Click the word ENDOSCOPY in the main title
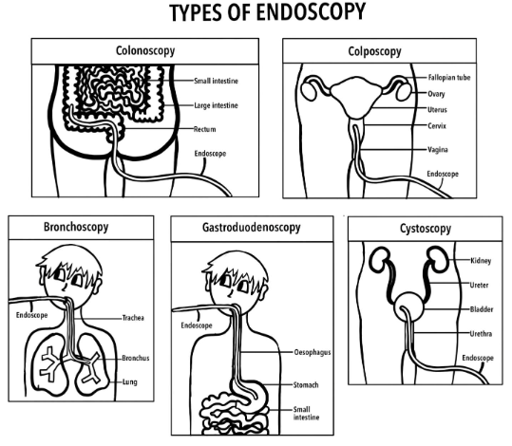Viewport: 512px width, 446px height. tap(310, 12)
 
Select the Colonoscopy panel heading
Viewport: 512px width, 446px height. tap(145, 51)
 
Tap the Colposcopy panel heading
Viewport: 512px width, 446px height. tap(374, 51)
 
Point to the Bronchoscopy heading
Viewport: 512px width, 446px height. tap(76, 227)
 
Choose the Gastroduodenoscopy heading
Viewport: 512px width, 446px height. tap(252, 228)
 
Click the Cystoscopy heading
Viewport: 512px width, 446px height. tap(426, 229)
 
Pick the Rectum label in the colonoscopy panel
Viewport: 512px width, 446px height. tap(205, 129)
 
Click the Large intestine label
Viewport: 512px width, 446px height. tap(216, 105)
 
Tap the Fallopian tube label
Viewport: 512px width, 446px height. tap(449, 77)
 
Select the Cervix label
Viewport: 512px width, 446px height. tap(437, 125)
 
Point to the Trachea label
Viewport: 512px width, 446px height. tap(133, 318)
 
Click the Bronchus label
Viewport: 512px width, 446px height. tap(136, 358)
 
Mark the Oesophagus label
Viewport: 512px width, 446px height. tap(313, 352)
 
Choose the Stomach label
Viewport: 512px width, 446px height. tap(306, 385)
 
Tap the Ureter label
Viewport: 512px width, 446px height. tap(479, 285)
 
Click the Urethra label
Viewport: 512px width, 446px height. tap(481, 333)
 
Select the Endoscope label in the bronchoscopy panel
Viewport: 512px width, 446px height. tap(31, 315)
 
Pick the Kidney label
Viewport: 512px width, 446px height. tap(481, 261)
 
